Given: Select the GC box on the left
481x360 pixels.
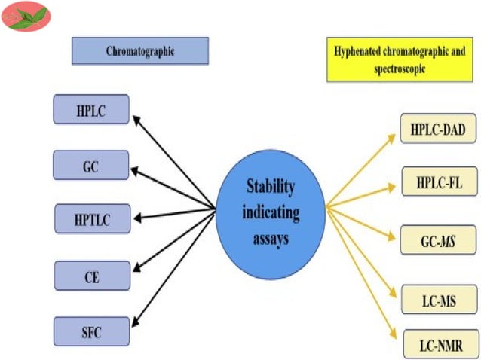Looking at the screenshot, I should [x=91, y=165].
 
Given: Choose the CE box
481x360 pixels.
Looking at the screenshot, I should [x=91, y=276].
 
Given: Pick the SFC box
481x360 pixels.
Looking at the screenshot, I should [x=91, y=331].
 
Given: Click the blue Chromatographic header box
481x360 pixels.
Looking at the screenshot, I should [x=139, y=52].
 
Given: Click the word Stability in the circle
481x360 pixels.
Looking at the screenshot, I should [x=270, y=185].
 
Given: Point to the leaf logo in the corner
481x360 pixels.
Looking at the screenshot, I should [x=25, y=17].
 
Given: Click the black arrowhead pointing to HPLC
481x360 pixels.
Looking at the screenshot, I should [x=136, y=117].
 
